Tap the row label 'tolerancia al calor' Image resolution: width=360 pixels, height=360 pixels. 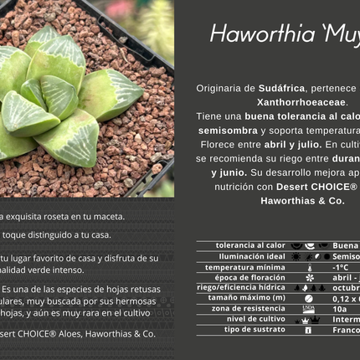point(250,245)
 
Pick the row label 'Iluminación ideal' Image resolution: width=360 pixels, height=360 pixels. point(252,256)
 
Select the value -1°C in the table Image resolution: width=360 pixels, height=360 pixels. point(340,267)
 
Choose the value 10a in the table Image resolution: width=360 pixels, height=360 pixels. point(339,308)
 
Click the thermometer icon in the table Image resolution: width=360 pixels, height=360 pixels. point(308,267)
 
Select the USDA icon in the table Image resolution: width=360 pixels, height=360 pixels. point(308,308)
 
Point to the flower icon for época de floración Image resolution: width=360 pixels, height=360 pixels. point(308,277)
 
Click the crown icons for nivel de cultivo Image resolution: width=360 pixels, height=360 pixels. point(308,319)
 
